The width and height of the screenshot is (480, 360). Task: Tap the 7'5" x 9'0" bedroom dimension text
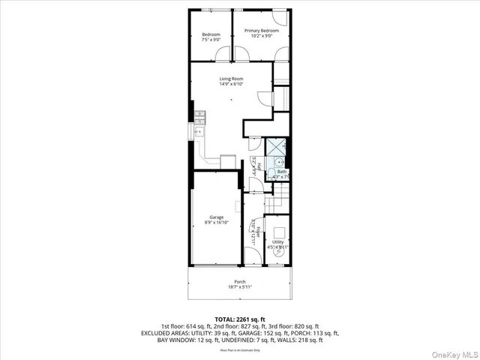pos(211,40)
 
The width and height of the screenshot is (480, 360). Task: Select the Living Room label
pos(231,79)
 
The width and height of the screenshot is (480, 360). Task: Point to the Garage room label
pos(216,217)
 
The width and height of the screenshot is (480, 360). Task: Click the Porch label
pos(239,282)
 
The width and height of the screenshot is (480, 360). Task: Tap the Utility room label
pos(277,242)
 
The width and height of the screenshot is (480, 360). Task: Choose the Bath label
pos(281,172)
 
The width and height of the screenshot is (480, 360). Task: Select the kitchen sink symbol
pos(200,131)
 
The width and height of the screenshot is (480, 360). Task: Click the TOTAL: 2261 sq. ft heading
pos(239,319)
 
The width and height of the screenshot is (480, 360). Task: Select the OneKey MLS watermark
pos(453,351)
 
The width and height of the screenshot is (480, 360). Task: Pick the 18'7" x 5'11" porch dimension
pos(239,287)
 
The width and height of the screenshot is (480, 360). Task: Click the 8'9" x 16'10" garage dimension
pos(216,223)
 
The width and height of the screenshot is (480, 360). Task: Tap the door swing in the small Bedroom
pos(223,54)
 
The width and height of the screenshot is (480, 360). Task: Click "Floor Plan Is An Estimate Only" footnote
pos(239,349)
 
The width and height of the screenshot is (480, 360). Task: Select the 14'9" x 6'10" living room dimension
pos(231,84)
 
